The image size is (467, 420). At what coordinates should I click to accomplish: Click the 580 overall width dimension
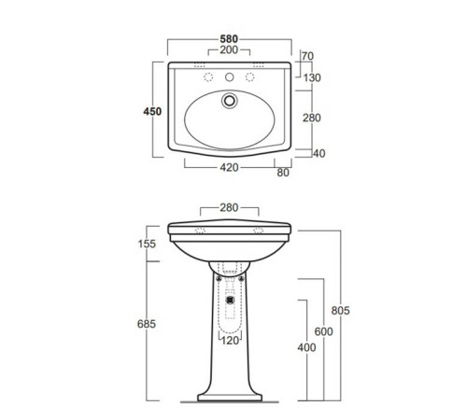point(229,39)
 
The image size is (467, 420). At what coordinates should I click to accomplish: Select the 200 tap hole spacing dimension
point(229,49)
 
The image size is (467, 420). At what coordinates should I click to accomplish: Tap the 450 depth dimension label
point(152,111)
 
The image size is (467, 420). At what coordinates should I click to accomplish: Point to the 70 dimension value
point(307,56)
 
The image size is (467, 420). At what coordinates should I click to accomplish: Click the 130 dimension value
point(312,77)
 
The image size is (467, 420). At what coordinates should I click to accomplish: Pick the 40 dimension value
point(319,153)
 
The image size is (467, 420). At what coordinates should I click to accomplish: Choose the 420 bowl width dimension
point(229,168)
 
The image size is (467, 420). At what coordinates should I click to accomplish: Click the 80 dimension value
point(283,173)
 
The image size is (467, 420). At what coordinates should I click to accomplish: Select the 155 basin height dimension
point(147,244)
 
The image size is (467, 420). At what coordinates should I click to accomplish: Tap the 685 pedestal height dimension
point(147,324)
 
